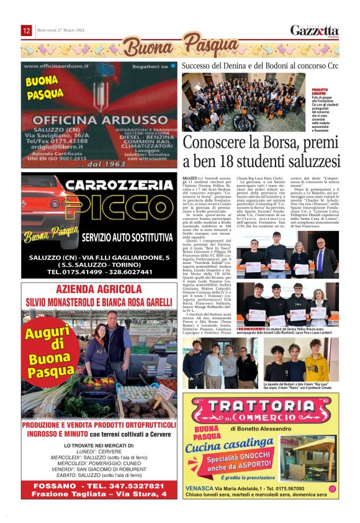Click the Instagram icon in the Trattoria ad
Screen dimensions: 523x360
[332, 489]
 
